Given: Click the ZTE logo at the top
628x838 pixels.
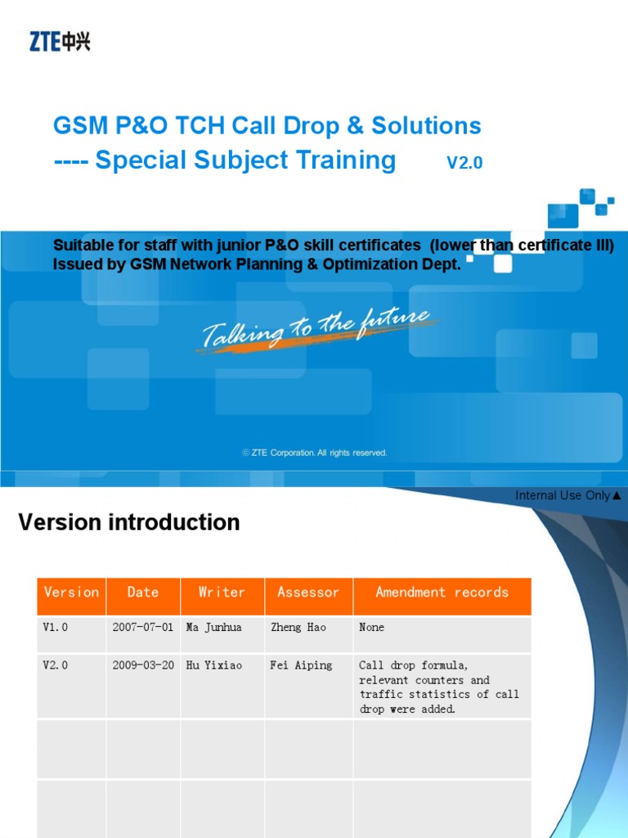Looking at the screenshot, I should (60, 41).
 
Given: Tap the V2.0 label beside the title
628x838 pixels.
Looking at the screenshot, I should (464, 163).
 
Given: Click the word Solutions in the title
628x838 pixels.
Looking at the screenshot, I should (426, 126).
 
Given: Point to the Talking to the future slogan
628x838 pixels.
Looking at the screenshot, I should (316, 329).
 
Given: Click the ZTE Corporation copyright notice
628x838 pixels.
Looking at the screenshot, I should (315, 453).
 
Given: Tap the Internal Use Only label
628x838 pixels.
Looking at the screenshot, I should (567, 495).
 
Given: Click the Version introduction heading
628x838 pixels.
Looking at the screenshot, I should (129, 522).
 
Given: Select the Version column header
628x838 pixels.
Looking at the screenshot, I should (71, 592).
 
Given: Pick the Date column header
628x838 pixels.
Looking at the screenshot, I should (143, 592).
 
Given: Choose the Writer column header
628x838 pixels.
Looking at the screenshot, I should (222, 592).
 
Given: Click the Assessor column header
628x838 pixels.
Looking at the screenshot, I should (308, 592).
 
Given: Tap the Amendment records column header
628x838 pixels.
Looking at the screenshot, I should (442, 592).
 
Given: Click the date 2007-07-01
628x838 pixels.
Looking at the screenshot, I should (142, 628).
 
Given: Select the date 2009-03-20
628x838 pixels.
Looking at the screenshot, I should (142, 666).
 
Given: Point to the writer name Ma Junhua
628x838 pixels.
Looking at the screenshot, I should (214, 628).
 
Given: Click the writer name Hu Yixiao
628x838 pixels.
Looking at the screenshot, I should (214, 666).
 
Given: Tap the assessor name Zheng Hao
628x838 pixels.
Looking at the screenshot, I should (298, 628).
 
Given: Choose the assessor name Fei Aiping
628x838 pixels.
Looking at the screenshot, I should (301, 666).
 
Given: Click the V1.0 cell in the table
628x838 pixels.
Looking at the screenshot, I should (56, 628).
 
